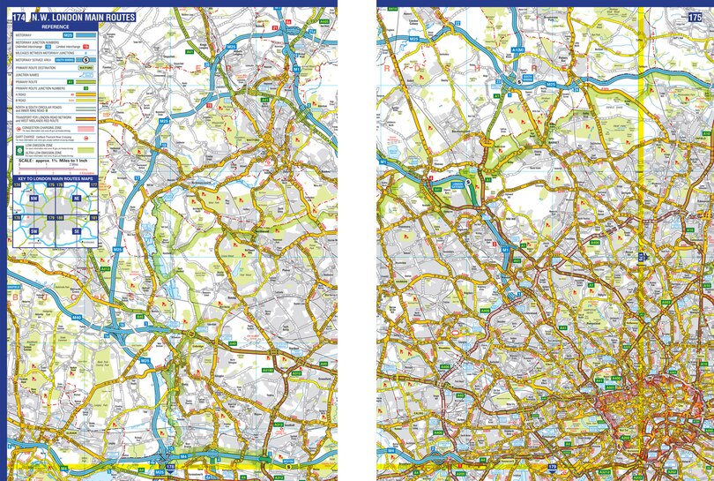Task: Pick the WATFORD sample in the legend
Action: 86,67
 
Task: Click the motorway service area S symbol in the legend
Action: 86,60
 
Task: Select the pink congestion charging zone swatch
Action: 86,129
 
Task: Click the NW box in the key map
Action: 34,199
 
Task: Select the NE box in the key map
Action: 77,199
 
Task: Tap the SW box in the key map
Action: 34,230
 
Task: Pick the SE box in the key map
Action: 77,230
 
